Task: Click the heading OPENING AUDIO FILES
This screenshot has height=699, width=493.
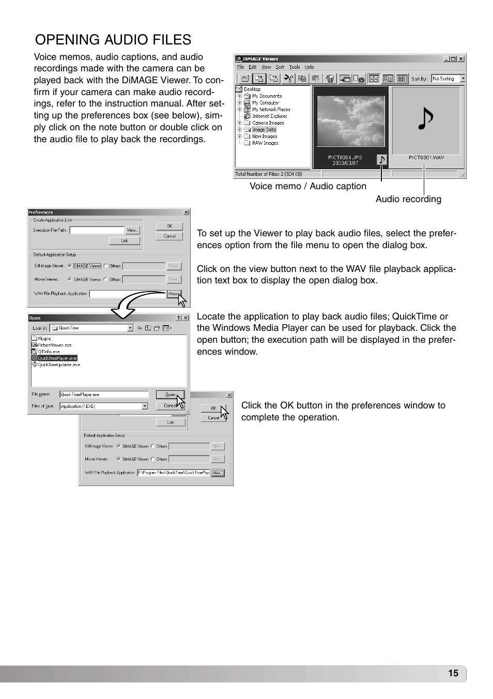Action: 113,40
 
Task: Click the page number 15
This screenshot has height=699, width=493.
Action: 453,673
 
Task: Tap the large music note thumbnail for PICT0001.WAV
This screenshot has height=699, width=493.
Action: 426,120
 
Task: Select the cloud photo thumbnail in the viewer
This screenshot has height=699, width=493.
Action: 351,121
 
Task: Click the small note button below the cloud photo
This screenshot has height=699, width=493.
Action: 382,160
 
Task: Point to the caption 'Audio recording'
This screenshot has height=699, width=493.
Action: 408,199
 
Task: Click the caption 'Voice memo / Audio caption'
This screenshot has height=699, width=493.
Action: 308,186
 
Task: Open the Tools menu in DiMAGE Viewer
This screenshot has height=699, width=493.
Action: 295,67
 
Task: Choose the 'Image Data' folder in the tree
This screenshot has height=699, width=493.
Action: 264,130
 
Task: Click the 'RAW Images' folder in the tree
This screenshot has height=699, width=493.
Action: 265,143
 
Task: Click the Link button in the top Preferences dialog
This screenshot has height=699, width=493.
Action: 125,241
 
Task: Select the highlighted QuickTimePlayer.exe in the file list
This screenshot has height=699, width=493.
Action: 57,358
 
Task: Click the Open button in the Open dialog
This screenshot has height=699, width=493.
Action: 170,394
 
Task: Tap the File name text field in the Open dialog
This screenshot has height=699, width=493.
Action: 104,394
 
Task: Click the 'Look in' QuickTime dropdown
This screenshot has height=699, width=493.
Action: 95,328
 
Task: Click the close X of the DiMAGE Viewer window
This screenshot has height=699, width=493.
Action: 461,59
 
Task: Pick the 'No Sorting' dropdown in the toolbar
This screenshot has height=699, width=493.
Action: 448,79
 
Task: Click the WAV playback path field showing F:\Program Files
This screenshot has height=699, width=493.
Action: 173,473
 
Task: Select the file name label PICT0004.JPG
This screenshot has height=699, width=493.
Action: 345,157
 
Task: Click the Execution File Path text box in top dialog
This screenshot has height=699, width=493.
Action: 97,230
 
